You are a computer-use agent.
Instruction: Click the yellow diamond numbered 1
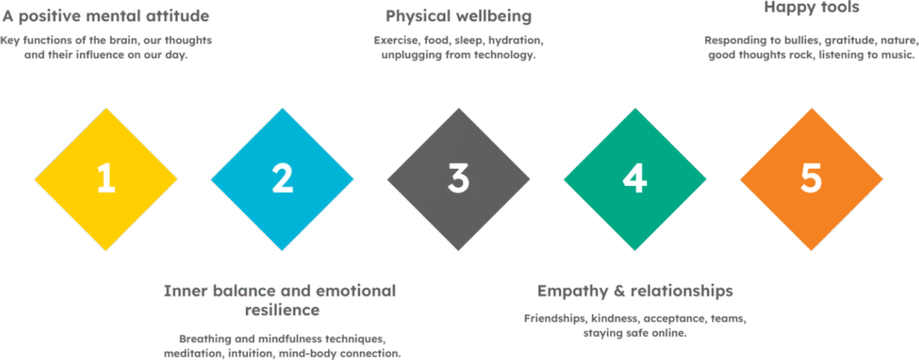point(106,179)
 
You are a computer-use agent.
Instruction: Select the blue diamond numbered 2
point(282,179)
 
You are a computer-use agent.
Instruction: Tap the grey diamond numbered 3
point(459,179)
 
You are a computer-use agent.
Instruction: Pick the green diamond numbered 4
point(635,179)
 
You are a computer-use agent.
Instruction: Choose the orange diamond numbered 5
point(810,179)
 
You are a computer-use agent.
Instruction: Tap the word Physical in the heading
point(418,16)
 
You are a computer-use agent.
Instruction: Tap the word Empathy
point(570,292)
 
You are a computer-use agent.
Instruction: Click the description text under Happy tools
point(810,47)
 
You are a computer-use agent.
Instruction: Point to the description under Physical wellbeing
point(459,48)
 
